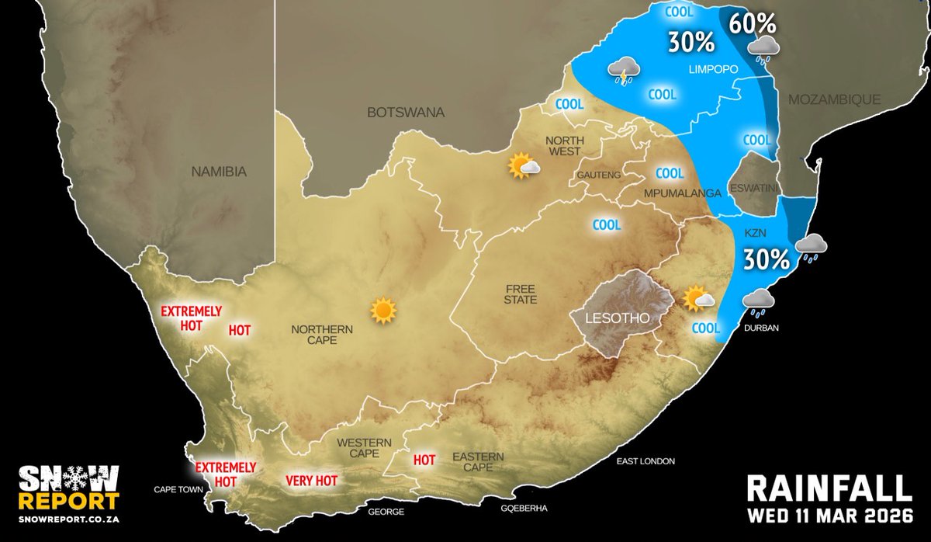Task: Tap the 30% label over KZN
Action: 766,259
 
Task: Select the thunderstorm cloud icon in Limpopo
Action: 625,71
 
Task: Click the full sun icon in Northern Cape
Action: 383,310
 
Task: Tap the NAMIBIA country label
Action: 219,172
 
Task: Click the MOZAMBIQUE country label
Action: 834,99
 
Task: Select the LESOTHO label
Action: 619,318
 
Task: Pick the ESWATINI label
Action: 754,190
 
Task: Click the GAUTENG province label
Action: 598,175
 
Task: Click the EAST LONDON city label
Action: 645,461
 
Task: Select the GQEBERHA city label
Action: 525,509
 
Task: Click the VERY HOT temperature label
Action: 311,481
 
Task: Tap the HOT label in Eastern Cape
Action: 424,460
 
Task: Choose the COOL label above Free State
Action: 607,225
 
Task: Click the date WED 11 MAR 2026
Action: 829,516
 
